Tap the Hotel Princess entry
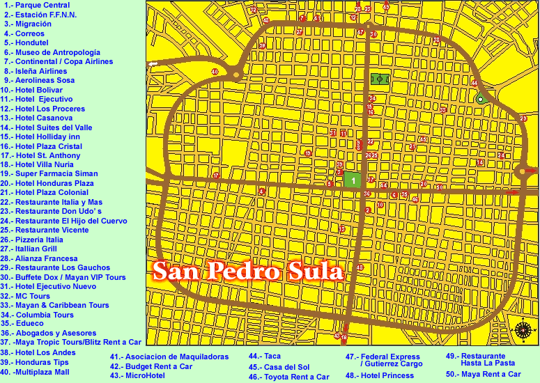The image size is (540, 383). (380, 376)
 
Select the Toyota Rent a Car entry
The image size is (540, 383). (288, 377)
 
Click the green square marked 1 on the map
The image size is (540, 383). (353, 180)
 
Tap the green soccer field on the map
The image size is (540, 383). (380, 79)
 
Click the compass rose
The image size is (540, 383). (523, 331)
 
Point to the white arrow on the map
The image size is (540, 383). (153, 65)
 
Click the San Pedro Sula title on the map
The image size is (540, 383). (248, 271)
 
